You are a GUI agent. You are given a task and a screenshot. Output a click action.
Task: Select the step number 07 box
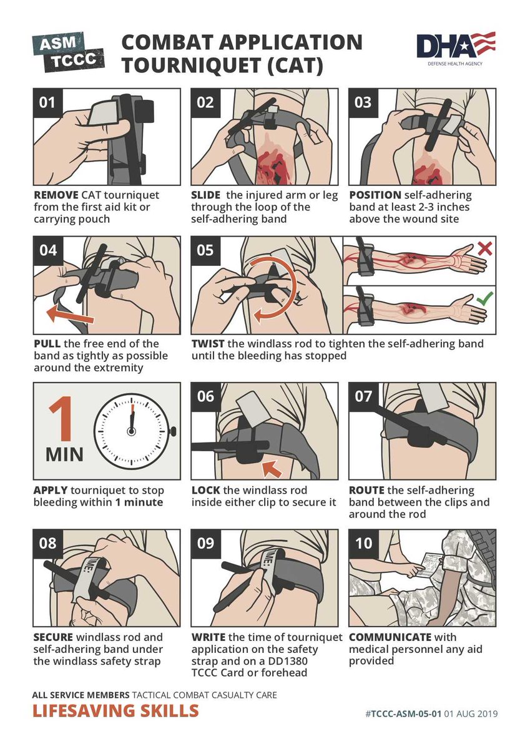tap(363, 396)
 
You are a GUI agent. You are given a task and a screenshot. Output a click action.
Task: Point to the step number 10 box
tap(363, 544)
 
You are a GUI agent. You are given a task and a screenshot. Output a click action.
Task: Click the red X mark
tap(484, 248)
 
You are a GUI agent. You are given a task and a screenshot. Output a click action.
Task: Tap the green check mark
tap(484, 300)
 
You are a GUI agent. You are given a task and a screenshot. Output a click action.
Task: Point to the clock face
tap(132, 431)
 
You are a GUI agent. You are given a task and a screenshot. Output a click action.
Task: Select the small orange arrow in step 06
tap(270, 468)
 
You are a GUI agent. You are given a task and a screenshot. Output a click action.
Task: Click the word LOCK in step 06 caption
tap(205, 490)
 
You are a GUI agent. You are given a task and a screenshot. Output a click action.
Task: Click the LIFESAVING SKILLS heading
tap(116, 710)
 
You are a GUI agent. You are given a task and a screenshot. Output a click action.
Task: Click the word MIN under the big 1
tap(64, 453)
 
